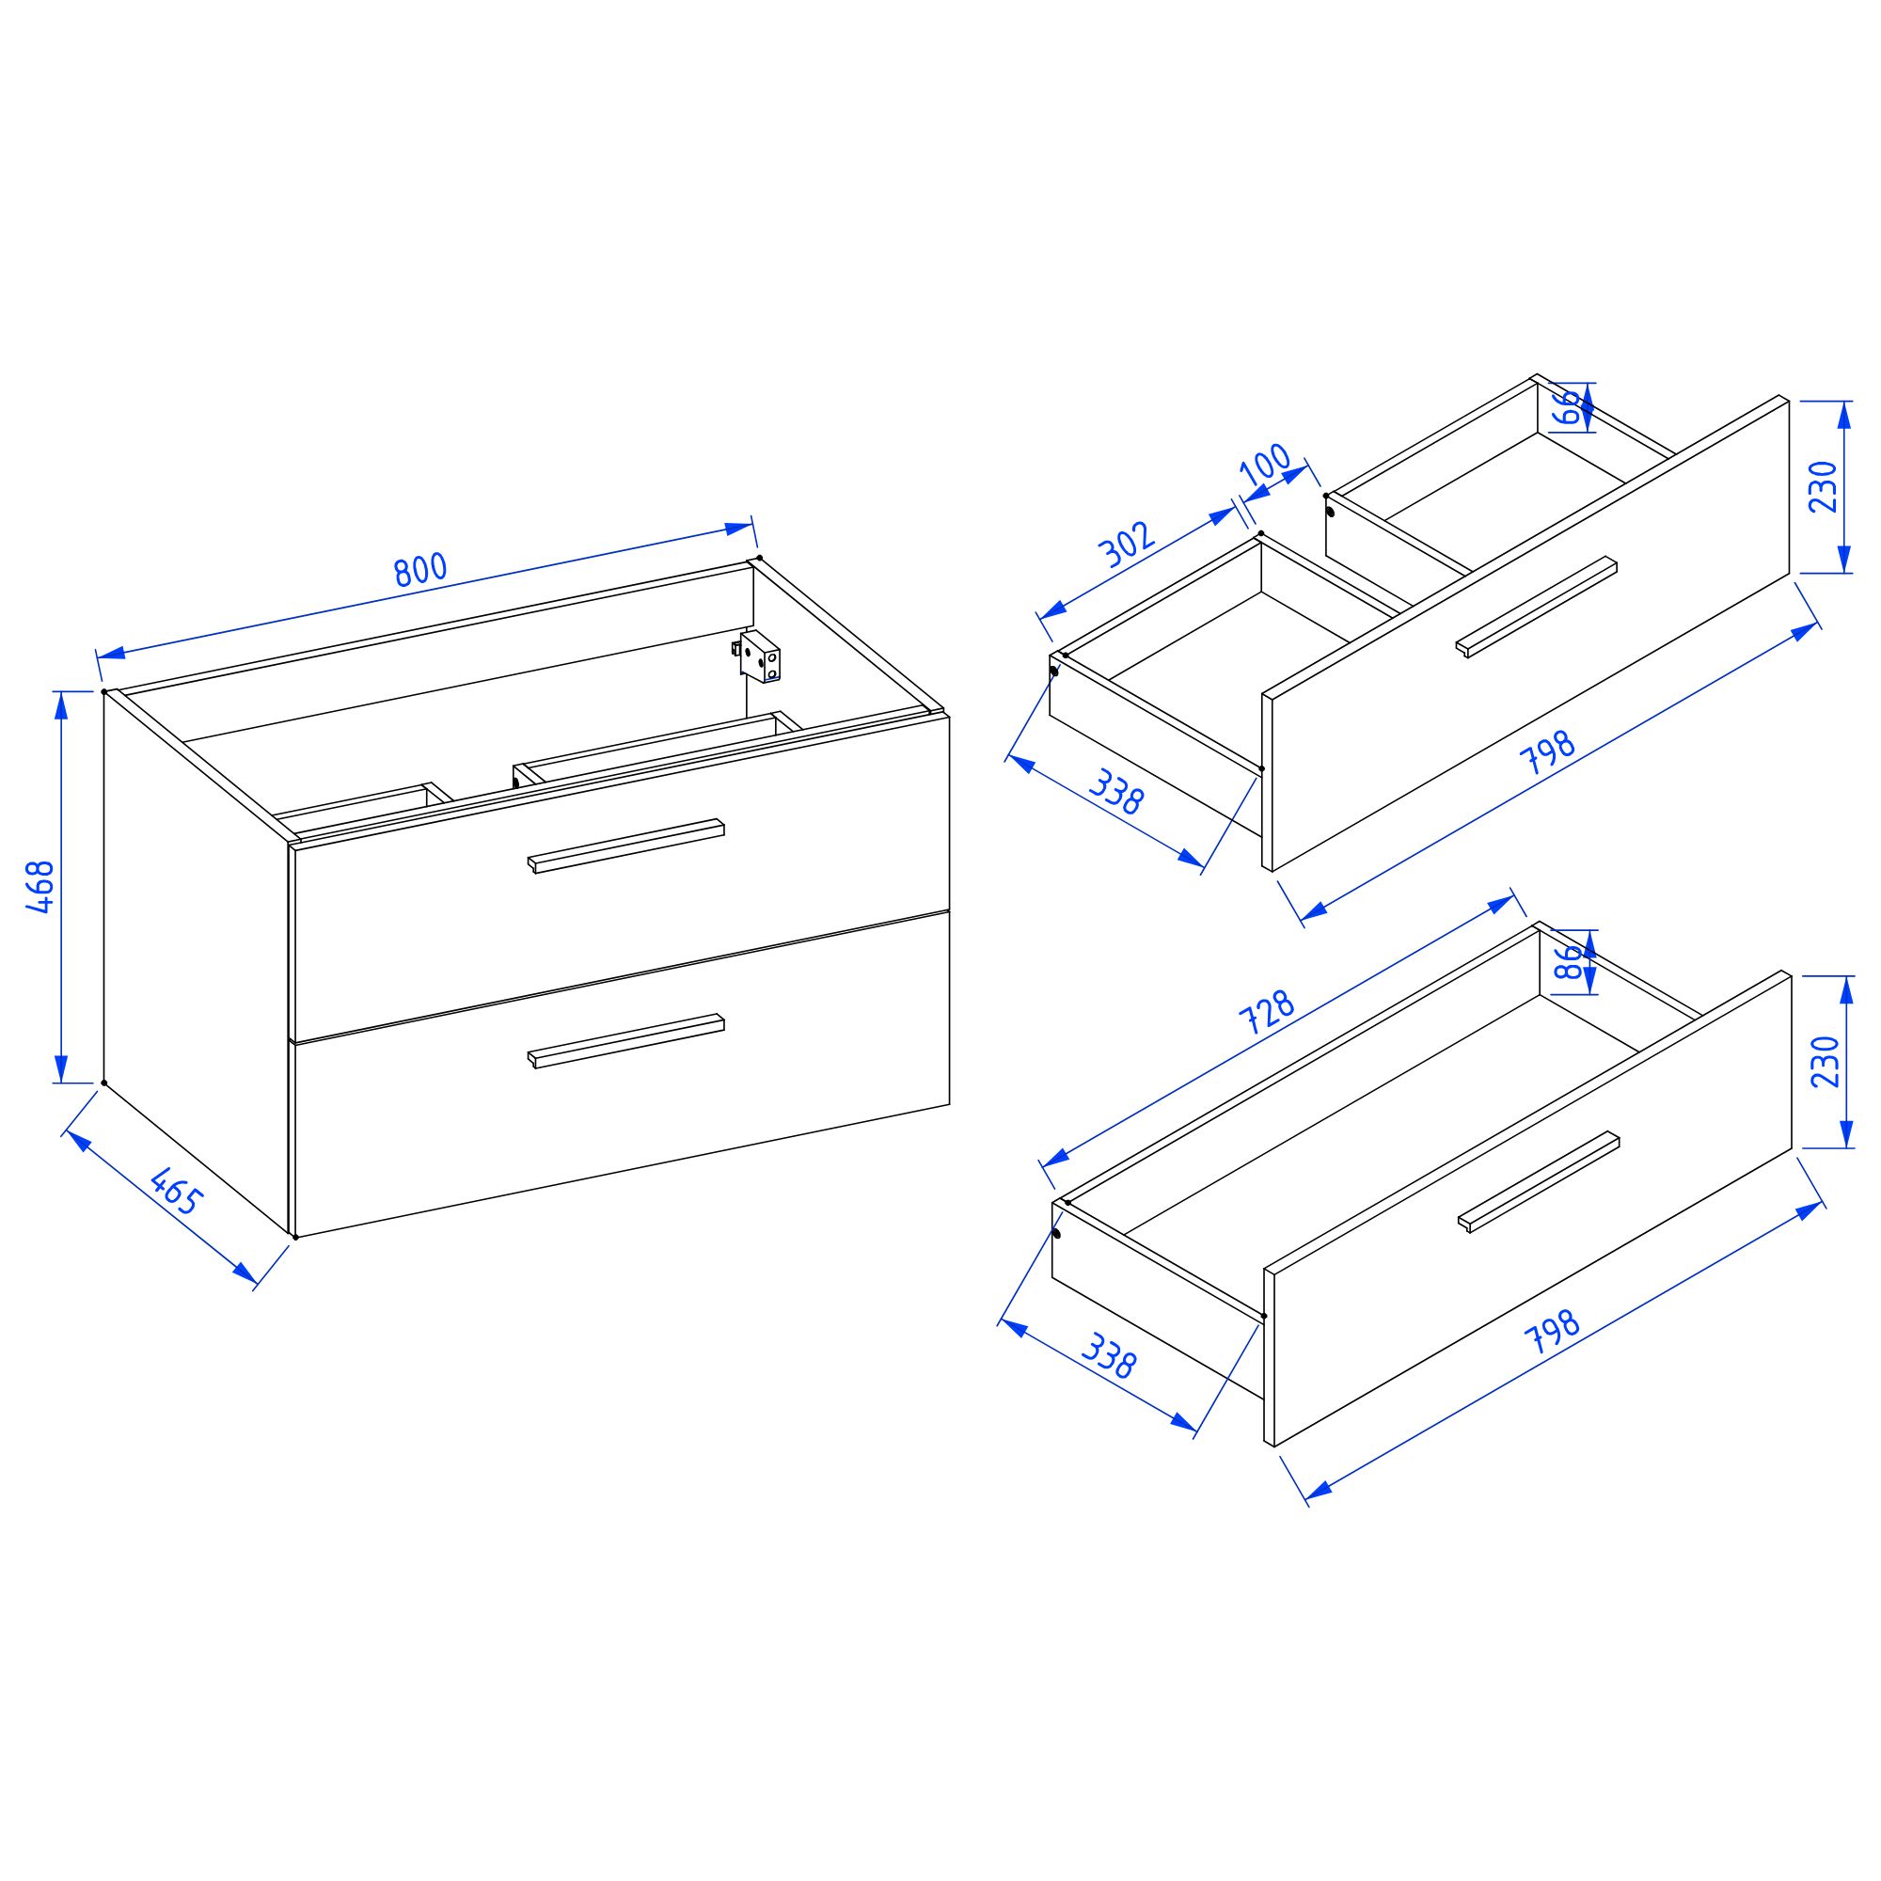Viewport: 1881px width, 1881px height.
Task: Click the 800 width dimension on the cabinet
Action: [x=420, y=570]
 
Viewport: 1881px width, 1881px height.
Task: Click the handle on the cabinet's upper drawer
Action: [x=626, y=846]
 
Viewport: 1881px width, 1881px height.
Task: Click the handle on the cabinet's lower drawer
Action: [x=626, y=1041]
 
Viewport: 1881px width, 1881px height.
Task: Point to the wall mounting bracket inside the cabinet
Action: [x=757, y=656]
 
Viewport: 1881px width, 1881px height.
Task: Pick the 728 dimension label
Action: [x=1266, y=1012]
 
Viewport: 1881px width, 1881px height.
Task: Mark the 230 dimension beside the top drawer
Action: [x=1823, y=487]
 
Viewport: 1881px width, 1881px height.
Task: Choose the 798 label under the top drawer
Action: [x=1548, y=752]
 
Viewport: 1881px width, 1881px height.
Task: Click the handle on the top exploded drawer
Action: [x=1537, y=608]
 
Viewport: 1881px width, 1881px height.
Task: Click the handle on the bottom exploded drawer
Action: [x=1539, y=1182]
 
